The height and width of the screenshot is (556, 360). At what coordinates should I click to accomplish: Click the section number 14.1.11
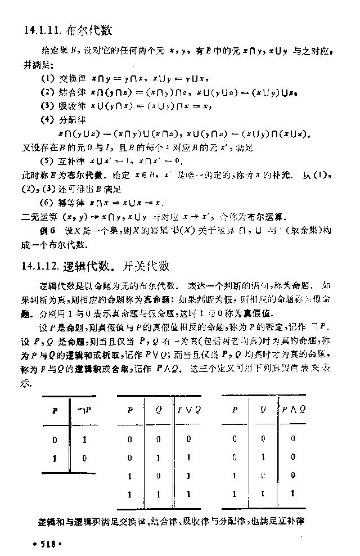point(42,30)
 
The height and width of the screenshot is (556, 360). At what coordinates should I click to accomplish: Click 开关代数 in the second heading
point(147,266)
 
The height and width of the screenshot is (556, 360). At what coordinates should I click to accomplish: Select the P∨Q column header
point(190,410)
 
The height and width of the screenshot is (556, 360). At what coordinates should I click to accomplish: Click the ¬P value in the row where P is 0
point(84,440)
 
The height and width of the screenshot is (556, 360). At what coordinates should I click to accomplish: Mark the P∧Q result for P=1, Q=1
point(292,494)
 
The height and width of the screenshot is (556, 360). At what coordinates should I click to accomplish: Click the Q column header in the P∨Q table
point(159,410)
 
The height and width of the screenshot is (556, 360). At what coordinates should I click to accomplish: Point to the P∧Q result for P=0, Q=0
point(292,439)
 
